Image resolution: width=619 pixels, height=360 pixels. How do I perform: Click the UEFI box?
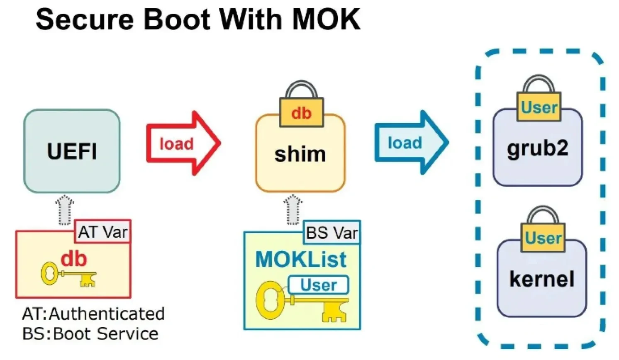pyautogui.click(x=72, y=151)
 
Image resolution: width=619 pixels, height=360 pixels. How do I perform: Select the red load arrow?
pyautogui.click(x=183, y=143)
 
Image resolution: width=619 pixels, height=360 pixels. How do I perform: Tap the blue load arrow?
pyautogui.click(x=411, y=143)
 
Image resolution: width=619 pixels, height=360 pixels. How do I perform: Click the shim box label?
pyautogui.click(x=300, y=154)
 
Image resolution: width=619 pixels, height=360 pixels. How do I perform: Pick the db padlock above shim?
pyautogui.click(x=301, y=105)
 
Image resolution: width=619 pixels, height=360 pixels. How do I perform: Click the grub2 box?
pyautogui.click(x=538, y=148)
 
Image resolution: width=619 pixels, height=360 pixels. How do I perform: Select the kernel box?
pyautogui.click(x=542, y=278)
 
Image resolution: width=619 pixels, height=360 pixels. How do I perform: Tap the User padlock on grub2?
pyautogui.click(x=539, y=98)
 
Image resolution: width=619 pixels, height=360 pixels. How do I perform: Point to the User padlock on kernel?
pyautogui.click(x=543, y=229)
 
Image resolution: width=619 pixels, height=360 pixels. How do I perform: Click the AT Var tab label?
pyautogui.click(x=103, y=232)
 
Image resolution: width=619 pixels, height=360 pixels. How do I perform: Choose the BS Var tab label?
pyautogui.click(x=332, y=233)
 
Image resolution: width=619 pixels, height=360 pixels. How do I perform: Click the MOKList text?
pyautogui.click(x=301, y=259)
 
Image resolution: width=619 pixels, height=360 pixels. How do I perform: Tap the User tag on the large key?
pyautogui.click(x=318, y=285)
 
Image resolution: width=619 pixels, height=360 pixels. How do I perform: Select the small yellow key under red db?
pyautogui.click(x=68, y=275)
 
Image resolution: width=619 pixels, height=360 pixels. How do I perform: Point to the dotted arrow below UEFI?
pyautogui.click(x=65, y=210)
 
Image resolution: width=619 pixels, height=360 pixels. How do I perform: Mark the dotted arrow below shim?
pyautogui.click(x=293, y=210)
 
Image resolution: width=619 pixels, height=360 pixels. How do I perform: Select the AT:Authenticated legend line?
pyautogui.click(x=93, y=314)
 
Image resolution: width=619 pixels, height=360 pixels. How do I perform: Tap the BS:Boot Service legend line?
pyautogui.click(x=90, y=334)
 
